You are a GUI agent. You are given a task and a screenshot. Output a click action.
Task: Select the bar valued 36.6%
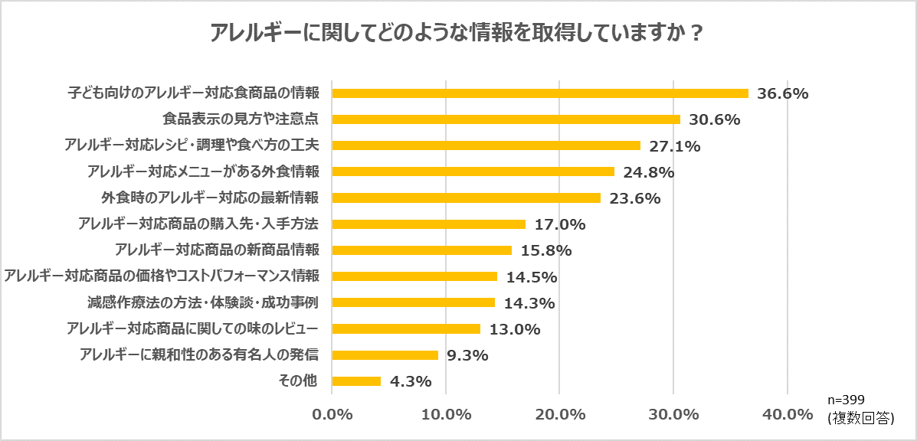pos(540,93)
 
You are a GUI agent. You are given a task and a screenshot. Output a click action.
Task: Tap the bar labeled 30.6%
pos(506,119)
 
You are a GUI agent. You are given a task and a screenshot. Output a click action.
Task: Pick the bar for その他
pos(356,381)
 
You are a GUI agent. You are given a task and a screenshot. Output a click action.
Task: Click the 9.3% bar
pos(385,355)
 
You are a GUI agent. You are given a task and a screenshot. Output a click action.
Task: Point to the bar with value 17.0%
pos(428,224)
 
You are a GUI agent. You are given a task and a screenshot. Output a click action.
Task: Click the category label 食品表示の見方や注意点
pos(241,119)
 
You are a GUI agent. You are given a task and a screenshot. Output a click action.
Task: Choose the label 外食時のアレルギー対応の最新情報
pos(210,198)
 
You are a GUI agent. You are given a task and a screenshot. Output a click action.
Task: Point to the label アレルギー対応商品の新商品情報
pos(217,250)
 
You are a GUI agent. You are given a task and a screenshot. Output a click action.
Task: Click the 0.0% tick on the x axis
pos(332,414)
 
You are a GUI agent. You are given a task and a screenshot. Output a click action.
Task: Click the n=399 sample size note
pos(847,400)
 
